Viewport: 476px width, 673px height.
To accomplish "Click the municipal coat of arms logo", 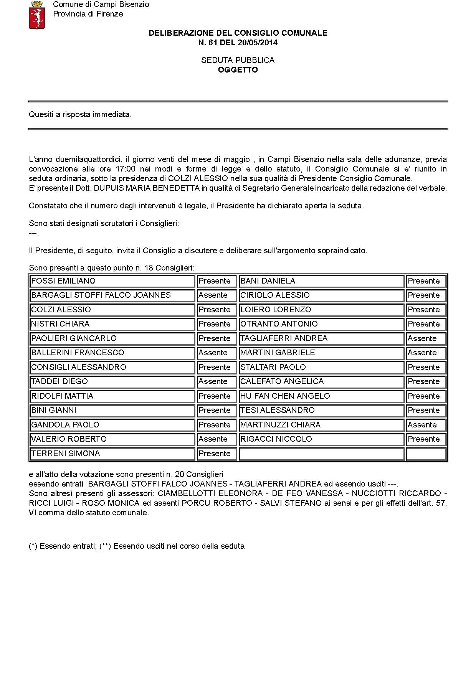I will point(37,15).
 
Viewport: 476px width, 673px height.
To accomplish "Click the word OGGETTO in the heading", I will point(238,70).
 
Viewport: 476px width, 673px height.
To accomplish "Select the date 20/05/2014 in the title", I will point(258,43).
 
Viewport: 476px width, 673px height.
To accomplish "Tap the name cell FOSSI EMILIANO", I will point(112,281).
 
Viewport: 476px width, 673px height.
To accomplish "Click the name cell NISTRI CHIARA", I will point(112,324).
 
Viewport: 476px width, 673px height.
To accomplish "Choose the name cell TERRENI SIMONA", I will point(112,454).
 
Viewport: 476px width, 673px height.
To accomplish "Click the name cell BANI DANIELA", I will point(321,281).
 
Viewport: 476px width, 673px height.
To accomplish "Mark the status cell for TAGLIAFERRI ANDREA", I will point(426,338).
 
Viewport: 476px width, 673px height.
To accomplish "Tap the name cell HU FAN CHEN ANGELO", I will point(321,396).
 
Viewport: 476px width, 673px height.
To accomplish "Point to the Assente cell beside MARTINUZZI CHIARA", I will point(426,425).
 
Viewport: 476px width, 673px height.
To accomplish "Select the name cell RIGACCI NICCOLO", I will point(321,439).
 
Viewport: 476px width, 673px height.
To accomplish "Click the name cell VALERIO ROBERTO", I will point(112,439).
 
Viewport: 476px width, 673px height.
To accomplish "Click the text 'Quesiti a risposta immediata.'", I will point(80,114).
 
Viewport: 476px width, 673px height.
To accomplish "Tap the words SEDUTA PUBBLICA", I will point(238,60).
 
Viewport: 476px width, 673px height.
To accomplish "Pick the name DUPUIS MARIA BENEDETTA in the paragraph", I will point(147,188).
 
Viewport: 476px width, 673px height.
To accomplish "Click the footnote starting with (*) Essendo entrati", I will point(136,546).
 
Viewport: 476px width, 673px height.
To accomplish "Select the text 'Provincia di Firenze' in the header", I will point(88,14).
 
